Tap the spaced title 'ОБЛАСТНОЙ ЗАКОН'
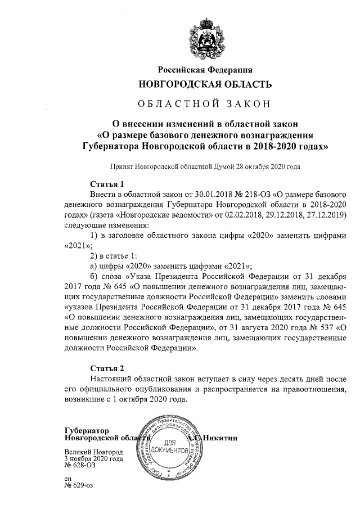point(205,104)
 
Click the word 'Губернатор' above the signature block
point(87,430)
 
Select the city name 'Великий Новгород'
point(93,452)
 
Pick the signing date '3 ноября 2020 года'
point(93,458)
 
